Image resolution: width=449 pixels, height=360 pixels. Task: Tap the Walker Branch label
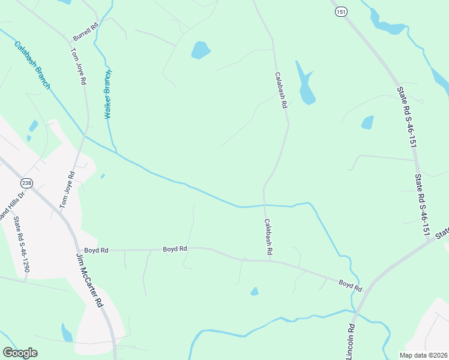click(x=109, y=94)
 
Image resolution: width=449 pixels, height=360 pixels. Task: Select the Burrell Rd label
click(x=85, y=28)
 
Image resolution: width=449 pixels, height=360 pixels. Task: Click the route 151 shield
click(x=341, y=13)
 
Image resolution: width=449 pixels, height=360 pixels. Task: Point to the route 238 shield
click(x=26, y=183)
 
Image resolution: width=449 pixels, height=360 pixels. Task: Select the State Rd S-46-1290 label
click(x=22, y=245)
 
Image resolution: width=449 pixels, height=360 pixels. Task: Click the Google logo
click(x=20, y=352)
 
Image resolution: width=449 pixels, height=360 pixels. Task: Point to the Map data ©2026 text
click(x=423, y=355)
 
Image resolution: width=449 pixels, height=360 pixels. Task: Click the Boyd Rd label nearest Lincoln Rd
click(x=350, y=285)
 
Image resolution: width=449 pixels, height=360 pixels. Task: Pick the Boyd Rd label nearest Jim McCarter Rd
click(x=96, y=250)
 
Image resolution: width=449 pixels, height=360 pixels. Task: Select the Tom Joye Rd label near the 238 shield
click(x=67, y=190)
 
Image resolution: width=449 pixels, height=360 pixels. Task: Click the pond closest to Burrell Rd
click(x=200, y=50)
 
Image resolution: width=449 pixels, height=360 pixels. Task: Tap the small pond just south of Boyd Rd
click(x=255, y=292)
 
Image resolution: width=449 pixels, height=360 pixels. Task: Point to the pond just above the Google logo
click(x=67, y=332)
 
